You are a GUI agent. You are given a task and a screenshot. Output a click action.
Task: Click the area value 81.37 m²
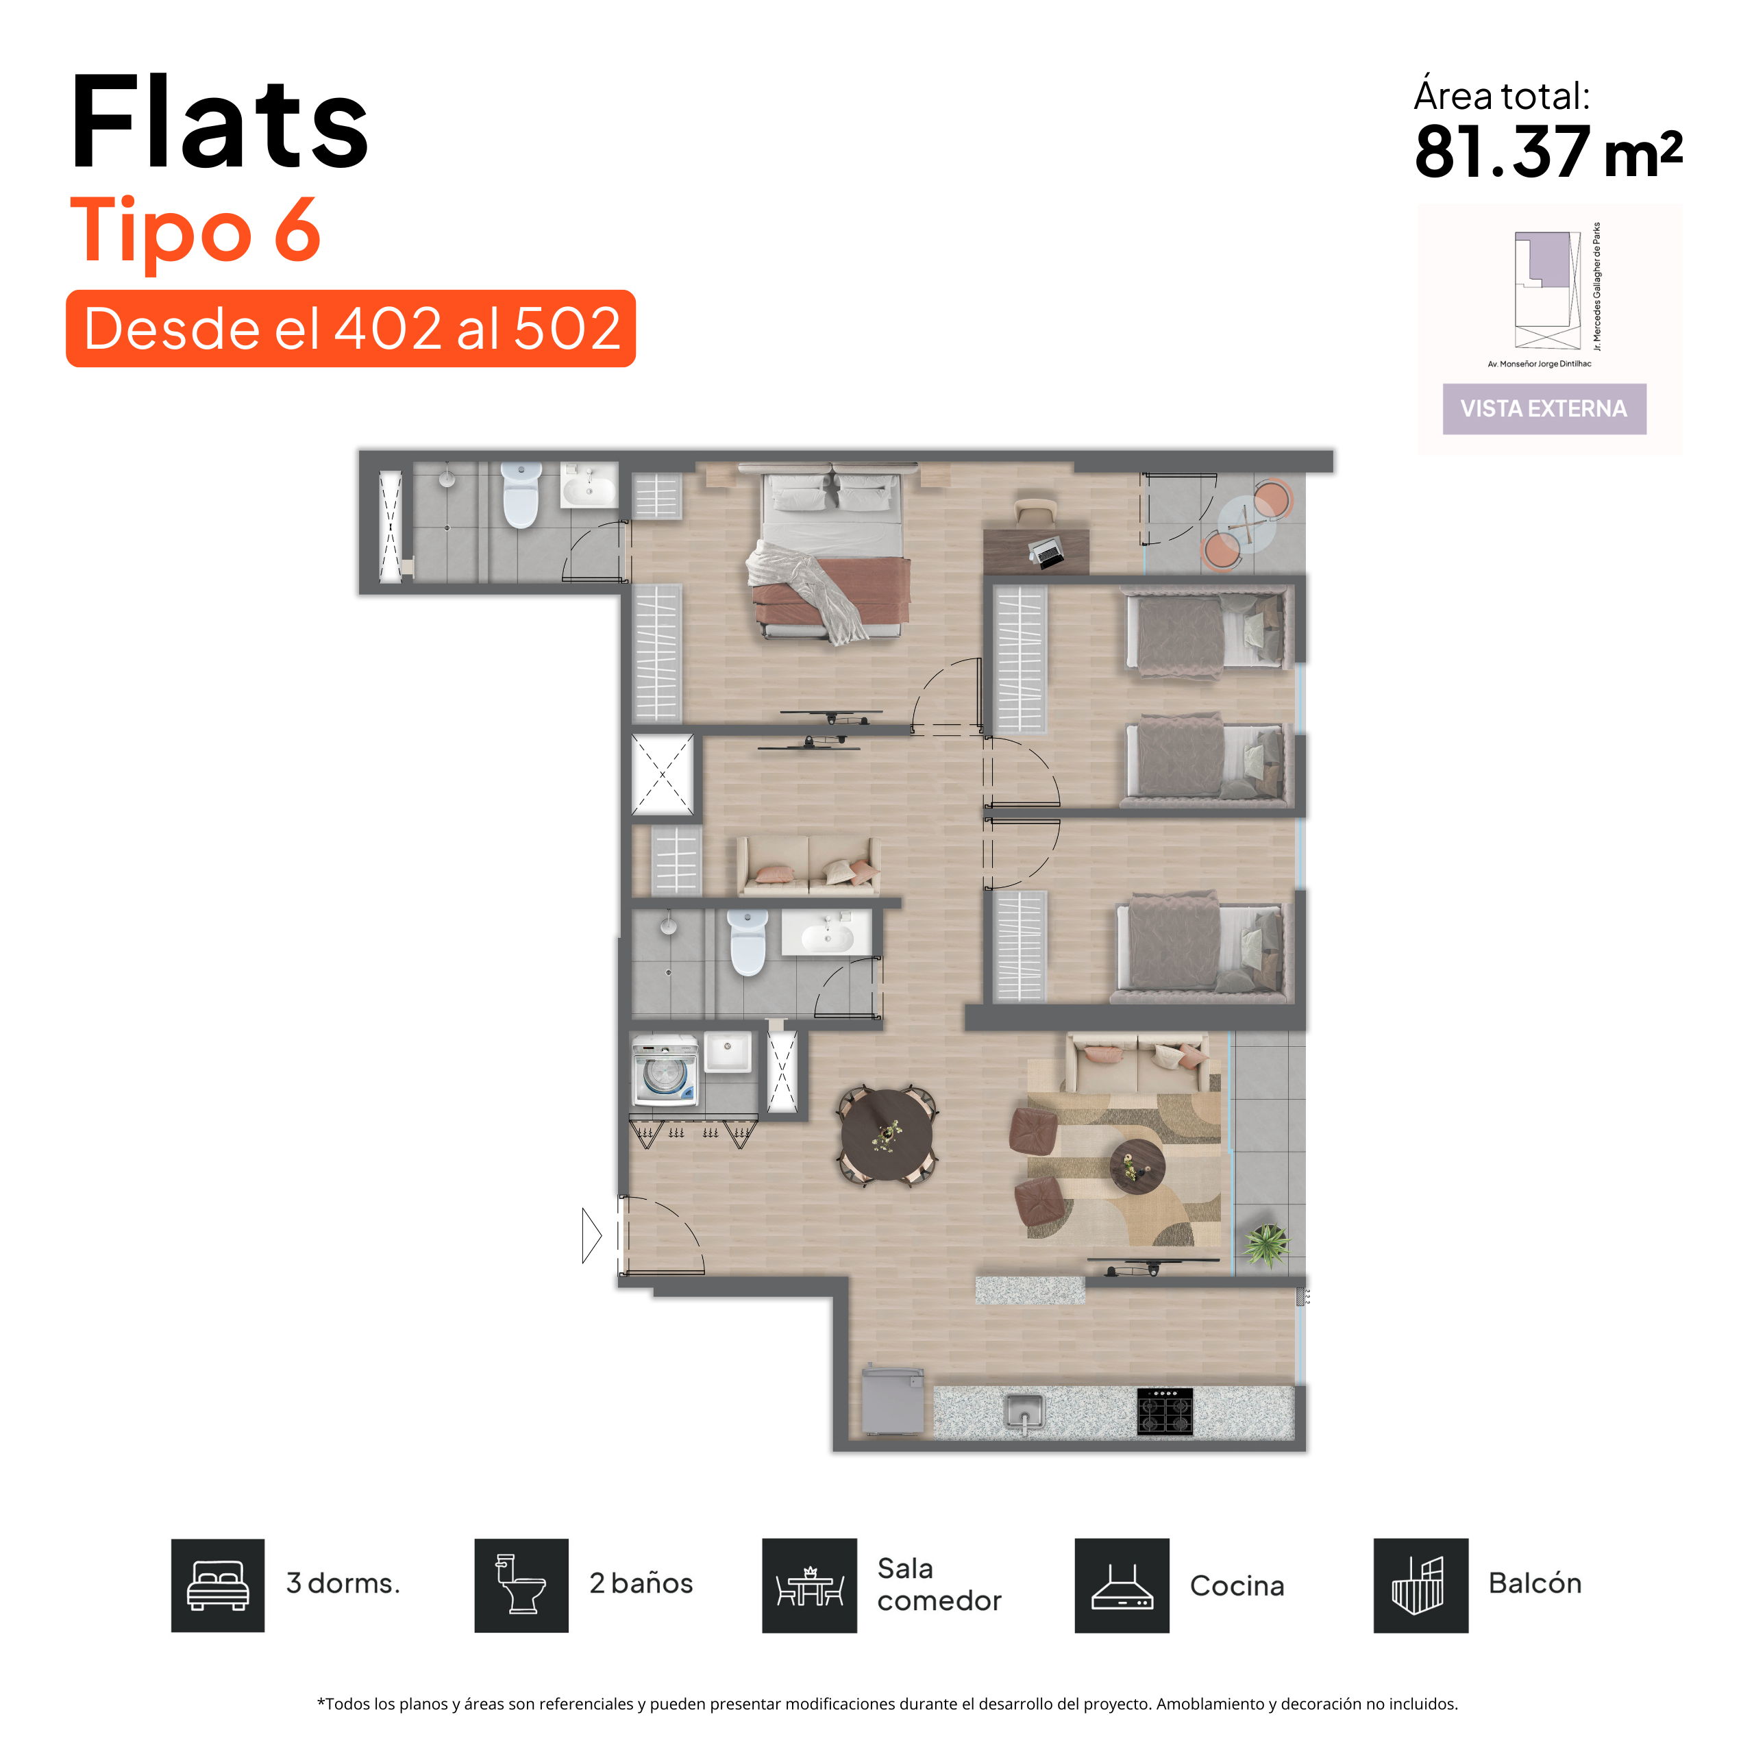(1548, 151)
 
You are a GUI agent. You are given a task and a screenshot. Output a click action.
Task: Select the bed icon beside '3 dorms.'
(218, 1585)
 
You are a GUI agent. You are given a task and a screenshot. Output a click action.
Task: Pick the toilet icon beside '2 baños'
(521, 1585)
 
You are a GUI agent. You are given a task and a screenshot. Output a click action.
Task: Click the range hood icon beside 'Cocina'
(1122, 1585)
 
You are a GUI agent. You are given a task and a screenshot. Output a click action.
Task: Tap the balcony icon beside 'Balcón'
(1421, 1585)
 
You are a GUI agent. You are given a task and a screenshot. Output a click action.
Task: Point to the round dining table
(886, 1135)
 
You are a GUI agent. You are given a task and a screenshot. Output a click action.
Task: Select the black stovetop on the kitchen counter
(1165, 1411)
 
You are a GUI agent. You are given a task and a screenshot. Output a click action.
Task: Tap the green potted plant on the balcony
(1265, 1244)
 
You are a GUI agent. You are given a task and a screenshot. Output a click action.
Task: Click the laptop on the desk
(1047, 551)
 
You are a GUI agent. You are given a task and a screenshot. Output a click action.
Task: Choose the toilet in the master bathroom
(521, 495)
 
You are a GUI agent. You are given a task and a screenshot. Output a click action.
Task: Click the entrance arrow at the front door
(591, 1235)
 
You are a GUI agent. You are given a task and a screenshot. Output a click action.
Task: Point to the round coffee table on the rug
(1137, 1167)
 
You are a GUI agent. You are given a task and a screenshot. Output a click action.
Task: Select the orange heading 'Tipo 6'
(195, 232)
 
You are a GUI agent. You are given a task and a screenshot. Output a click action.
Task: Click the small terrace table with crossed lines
(1245, 524)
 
